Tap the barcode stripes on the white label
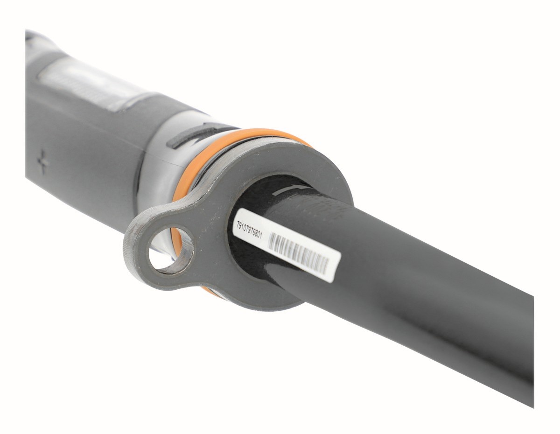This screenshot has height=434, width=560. pyautogui.click(x=299, y=258)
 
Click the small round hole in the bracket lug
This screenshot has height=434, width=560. pyautogui.click(x=171, y=248)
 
